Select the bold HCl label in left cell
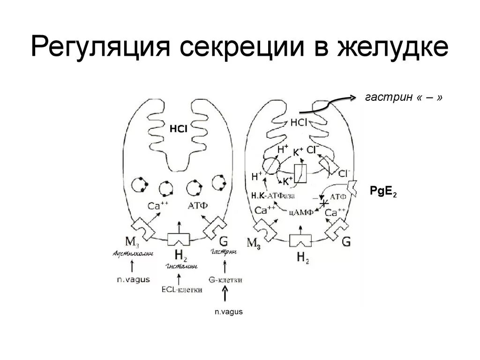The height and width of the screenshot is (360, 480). (x=179, y=128)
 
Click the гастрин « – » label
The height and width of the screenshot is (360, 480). (x=403, y=97)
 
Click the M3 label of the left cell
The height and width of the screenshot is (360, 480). (x=131, y=241)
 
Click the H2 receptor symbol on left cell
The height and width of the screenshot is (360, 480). (x=179, y=239)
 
